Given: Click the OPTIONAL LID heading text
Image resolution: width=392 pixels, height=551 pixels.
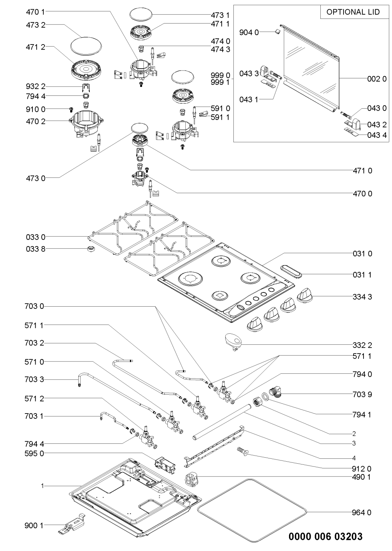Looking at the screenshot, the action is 353,12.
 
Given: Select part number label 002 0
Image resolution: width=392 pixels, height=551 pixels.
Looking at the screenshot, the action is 377,79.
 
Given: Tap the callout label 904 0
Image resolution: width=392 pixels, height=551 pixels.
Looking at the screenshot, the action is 249,32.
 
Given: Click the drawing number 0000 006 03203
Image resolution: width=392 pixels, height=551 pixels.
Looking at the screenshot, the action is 325,536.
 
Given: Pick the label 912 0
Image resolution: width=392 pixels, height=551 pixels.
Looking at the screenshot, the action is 361,468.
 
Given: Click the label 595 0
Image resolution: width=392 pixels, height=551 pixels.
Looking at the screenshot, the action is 34,454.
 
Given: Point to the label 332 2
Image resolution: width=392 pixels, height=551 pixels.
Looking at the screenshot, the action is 362,345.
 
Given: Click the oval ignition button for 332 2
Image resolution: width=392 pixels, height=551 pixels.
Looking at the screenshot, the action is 233,341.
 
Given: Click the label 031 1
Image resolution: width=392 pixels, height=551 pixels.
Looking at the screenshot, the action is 362,275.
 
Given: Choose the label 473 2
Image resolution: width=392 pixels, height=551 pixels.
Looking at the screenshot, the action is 36,25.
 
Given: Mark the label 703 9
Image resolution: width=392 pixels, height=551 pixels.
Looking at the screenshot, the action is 362,394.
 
